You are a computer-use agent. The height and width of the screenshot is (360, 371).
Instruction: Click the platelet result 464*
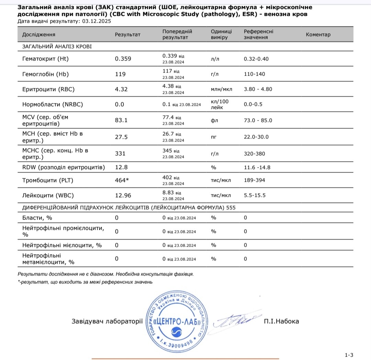122,180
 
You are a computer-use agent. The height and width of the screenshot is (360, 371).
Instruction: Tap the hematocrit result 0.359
123,59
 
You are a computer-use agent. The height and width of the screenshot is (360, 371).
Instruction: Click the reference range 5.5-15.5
255,195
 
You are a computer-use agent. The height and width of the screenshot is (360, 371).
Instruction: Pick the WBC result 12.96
123,195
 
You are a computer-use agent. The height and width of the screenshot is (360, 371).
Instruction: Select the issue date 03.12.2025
97,21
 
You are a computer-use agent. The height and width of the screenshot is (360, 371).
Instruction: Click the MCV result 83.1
121,120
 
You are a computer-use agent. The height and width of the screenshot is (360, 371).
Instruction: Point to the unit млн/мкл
221,89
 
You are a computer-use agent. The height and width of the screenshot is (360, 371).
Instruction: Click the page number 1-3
349,355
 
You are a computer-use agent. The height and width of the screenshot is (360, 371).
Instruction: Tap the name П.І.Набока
281,322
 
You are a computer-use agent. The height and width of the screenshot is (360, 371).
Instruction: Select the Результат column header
128,34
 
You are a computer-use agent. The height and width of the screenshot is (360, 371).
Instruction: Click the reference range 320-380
254,154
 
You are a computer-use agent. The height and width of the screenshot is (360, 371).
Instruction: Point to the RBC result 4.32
121,89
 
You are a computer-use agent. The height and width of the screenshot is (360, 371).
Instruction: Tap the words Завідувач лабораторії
107,322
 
